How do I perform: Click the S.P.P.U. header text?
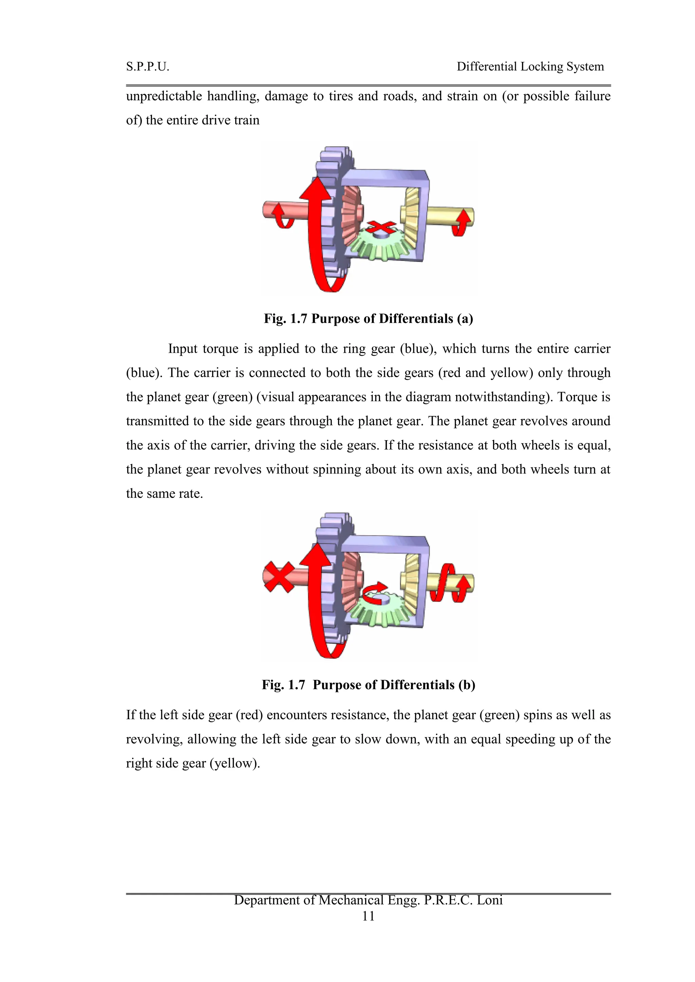tap(148, 67)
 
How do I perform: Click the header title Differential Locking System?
tap(530, 67)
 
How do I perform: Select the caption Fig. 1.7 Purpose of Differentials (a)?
tap(368, 319)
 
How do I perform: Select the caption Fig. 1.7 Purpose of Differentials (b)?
tap(368, 685)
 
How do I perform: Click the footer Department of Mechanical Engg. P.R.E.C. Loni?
tap(368, 900)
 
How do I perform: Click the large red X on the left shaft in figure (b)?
tap(279, 577)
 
